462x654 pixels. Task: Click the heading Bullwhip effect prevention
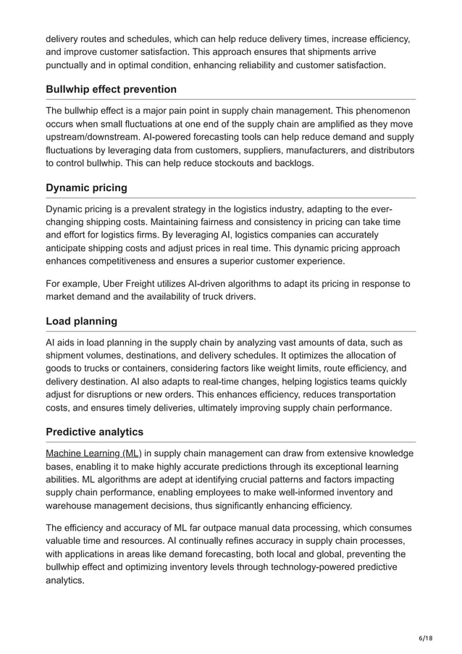tap(111, 89)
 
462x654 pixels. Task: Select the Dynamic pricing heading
tap(86, 188)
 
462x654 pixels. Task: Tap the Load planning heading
tap(81, 321)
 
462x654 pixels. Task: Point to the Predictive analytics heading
tap(94, 432)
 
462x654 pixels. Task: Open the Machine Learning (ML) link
tap(93, 453)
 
